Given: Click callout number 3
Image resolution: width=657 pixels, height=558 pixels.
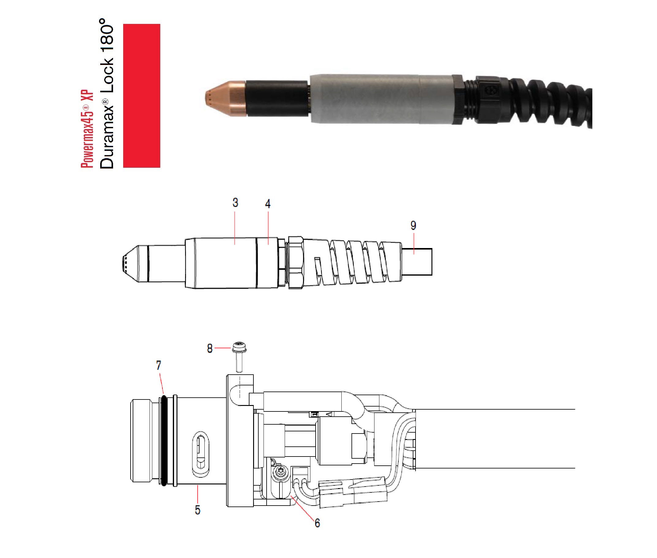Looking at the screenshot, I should (235, 203).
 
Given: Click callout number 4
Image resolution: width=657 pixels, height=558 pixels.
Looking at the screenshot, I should (268, 204).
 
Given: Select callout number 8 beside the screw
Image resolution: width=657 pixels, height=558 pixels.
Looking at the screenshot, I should (210, 349).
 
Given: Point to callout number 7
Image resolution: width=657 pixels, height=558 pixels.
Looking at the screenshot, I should (159, 366).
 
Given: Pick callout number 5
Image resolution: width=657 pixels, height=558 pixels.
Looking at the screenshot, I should (198, 510).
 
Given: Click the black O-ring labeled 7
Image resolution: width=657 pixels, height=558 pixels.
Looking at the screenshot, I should (164, 440).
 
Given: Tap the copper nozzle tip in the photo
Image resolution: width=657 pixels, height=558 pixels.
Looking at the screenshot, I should (225, 98).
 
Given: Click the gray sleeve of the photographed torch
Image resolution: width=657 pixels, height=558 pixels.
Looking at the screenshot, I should (379, 99).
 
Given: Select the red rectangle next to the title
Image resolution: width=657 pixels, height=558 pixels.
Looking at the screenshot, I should (141, 96).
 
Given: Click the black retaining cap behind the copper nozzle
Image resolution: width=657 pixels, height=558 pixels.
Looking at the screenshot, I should (277, 98).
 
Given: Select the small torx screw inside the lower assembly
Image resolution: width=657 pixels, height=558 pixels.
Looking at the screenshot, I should (280, 472).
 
